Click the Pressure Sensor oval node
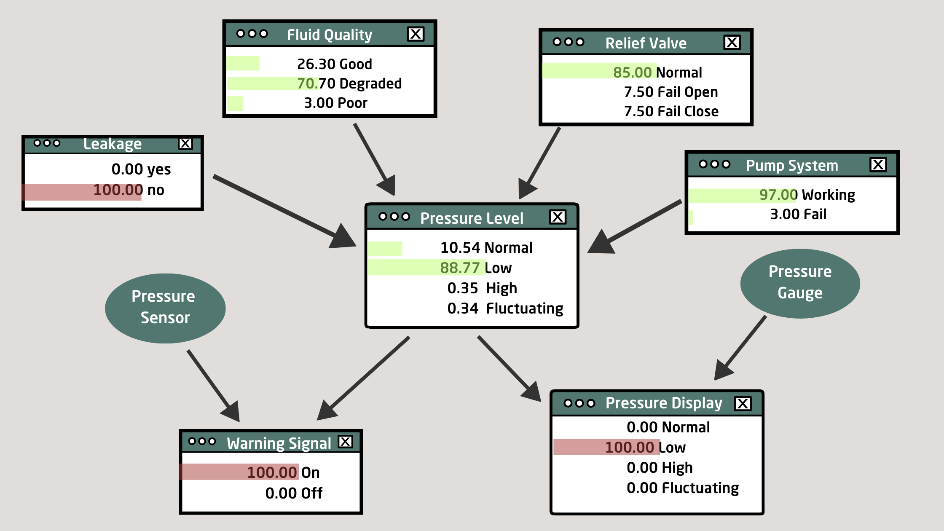pos(165,308)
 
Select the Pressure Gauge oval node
pos(800,283)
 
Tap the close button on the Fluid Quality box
pos(416,34)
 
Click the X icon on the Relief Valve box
pos(732,42)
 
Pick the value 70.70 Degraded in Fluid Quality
pos(349,83)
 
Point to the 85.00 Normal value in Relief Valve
pos(657,72)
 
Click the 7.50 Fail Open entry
pos(671,92)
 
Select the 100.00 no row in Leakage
pos(129,190)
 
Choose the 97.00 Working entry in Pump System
pos(807,195)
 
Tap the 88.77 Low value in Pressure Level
pos(476,268)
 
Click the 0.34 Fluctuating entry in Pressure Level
pos(505,308)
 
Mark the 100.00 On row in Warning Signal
pos(283,472)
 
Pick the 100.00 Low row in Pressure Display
pos(645,447)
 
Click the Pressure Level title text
pos(472,218)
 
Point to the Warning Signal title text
pos(279,443)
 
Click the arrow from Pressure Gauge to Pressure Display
pos(740,348)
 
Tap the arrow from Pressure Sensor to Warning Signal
pos(214,386)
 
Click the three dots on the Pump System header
pos(714,164)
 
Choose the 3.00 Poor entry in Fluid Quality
pos(335,103)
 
